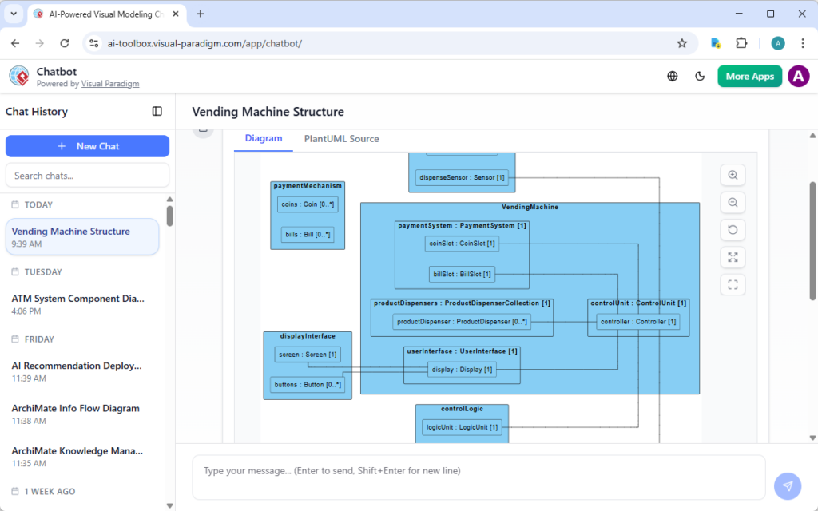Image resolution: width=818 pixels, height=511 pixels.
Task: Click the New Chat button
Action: (x=87, y=146)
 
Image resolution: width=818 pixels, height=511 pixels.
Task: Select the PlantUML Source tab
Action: (x=341, y=139)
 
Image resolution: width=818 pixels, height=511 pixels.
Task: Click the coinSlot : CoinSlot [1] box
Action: (x=462, y=244)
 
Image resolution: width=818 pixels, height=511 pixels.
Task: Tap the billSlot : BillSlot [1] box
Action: (x=462, y=275)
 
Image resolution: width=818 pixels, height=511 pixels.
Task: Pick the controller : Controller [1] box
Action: (x=638, y=322)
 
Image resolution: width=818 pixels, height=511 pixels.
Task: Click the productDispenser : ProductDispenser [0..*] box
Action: (x=462, y=322)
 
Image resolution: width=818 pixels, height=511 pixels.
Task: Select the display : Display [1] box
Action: (x=462, y=370)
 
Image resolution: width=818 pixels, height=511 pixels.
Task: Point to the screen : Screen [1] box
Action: (x=308, y=355)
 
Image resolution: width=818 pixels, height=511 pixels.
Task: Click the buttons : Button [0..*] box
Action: (x=308, y=385)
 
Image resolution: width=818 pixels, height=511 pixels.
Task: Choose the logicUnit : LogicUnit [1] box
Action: (x=462, y=427)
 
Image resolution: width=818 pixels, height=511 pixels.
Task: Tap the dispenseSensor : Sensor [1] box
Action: (x=462, y=177)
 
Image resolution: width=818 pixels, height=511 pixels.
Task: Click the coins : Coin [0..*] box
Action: (x=308, y=204)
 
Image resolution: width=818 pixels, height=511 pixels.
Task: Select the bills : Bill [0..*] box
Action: (x=308, y=235)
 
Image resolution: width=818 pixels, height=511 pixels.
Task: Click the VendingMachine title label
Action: (x=530, y=208)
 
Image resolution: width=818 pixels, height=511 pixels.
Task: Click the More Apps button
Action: (x=749, y=77)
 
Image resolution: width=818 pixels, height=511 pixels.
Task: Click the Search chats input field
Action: (x=87, y=176)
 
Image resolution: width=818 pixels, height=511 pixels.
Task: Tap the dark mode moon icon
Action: (x=701, y=77)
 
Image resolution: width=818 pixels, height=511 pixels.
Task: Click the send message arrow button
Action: (x=787, y=485)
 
